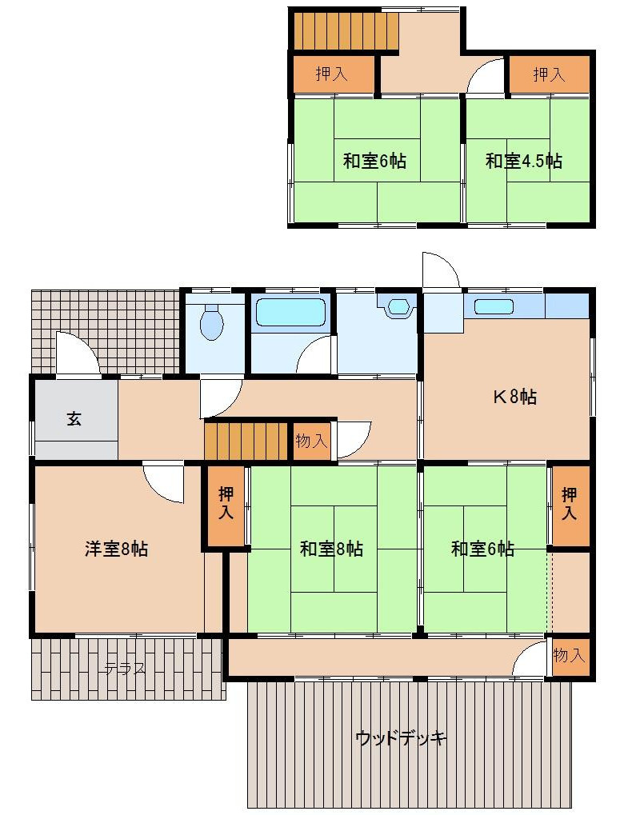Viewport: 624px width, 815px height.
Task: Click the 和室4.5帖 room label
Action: pos(523,161)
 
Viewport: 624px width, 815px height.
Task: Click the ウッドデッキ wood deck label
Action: pos(401,737)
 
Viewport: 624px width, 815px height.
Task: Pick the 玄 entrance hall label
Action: pos(74,419)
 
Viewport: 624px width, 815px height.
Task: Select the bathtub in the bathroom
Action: pos(290,311)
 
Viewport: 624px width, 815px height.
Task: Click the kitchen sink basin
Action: pos(493,306)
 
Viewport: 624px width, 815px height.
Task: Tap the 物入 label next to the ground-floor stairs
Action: pos(311,441)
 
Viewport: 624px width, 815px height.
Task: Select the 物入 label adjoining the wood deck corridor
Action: pos(570,656)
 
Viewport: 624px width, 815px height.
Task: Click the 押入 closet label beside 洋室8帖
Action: pos(226,505)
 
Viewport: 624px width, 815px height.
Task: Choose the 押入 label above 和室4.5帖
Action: pos(549,75)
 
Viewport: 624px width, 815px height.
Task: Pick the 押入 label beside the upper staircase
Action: pos(331,75)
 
